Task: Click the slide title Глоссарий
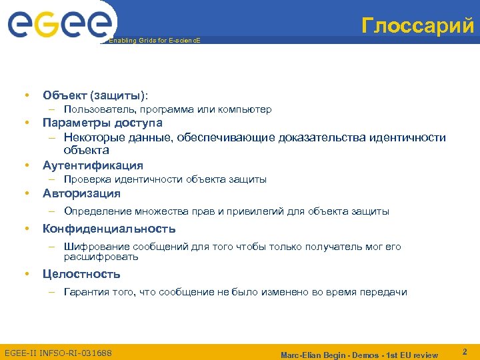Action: point(418,25)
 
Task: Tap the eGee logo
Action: point(61,25)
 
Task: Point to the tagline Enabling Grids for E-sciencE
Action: point(154,41)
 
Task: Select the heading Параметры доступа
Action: point(103,123)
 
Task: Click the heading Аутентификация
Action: point(93,165)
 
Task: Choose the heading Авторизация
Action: point(81,193)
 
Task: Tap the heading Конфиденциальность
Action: point(109,229)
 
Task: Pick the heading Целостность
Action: point(81,274)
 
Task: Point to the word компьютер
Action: point(245,109)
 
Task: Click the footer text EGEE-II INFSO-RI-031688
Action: point(58,353)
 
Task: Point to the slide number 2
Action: point(464,351)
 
